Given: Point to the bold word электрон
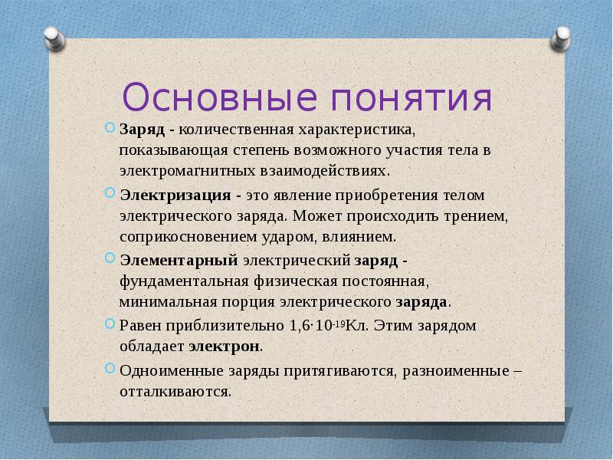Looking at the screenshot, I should (x=225, y=347).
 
